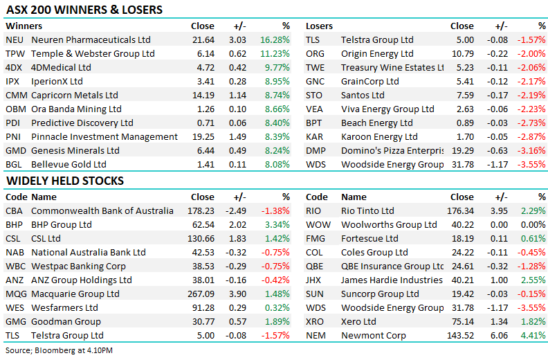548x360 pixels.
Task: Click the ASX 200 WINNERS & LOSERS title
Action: pyautogui.click(x=84, y=10)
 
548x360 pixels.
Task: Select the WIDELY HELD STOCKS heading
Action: pyautogui.click(x=65, y=181)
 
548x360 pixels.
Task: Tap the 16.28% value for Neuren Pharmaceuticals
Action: pyautogui.click(x=275, y=40)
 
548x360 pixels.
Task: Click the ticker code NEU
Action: pyautogui.click(x=15, y=40)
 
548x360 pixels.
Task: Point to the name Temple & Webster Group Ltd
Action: pyautogui.click(x=93, y=53)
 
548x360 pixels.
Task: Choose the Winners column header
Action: pyautogui.click(x=24, y=26)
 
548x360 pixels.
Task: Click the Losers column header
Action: pyautogui.click(x=319, y=26)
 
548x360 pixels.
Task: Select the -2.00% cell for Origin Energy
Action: pyautogui.click(x=531, y=53)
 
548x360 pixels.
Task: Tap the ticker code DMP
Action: pyautogui.click(x=316, y=150)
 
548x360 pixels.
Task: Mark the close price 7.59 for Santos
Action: pyautogui.click(x=465, y=95)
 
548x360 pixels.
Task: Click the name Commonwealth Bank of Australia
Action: pyautogui.click(x=102, y=210)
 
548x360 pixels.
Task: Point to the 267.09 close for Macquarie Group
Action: pyautogui.click(x=201, y=294)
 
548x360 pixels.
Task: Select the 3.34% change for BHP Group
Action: pyautogui.click(x=277, y=224)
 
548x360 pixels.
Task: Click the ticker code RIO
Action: pyautogui.click(x=313, y=210)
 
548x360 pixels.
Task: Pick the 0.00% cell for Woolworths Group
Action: pyautogui.click(x=533, y=224)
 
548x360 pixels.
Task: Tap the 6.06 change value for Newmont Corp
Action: pyautogui.click(x=499, y=336)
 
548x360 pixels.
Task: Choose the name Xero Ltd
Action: pyautogui.click(x=358, y=321)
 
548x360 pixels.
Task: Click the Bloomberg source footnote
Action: pyautogui.click(x=59, y=350)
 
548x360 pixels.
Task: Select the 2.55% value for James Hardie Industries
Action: pyautogui.click(x=533, y=280)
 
